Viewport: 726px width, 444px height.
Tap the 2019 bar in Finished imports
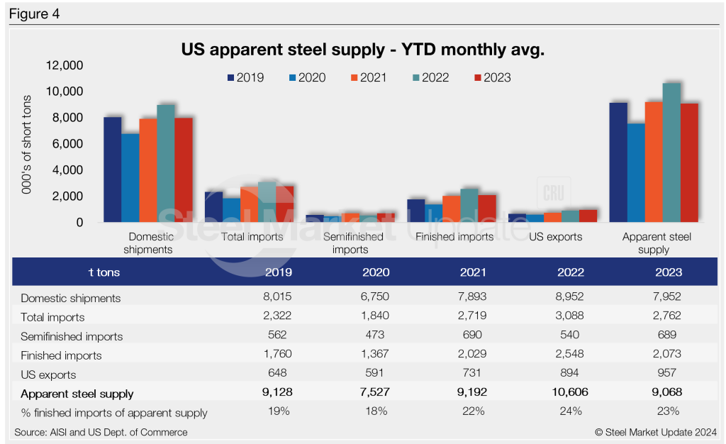point(416,211)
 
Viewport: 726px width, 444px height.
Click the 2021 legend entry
point(367,77)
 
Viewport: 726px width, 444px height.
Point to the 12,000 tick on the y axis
point(65,66)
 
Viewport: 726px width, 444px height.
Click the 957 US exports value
point(666,374)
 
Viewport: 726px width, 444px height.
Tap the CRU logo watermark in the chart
point(553,192)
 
